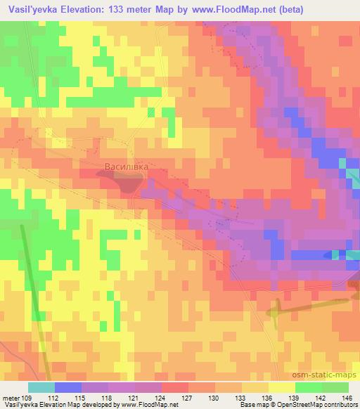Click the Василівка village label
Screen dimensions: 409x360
127,167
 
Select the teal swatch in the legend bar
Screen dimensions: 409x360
41,387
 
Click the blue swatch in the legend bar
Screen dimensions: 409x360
67,387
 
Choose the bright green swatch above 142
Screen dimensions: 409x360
308,387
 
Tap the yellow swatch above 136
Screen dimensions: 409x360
255,387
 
